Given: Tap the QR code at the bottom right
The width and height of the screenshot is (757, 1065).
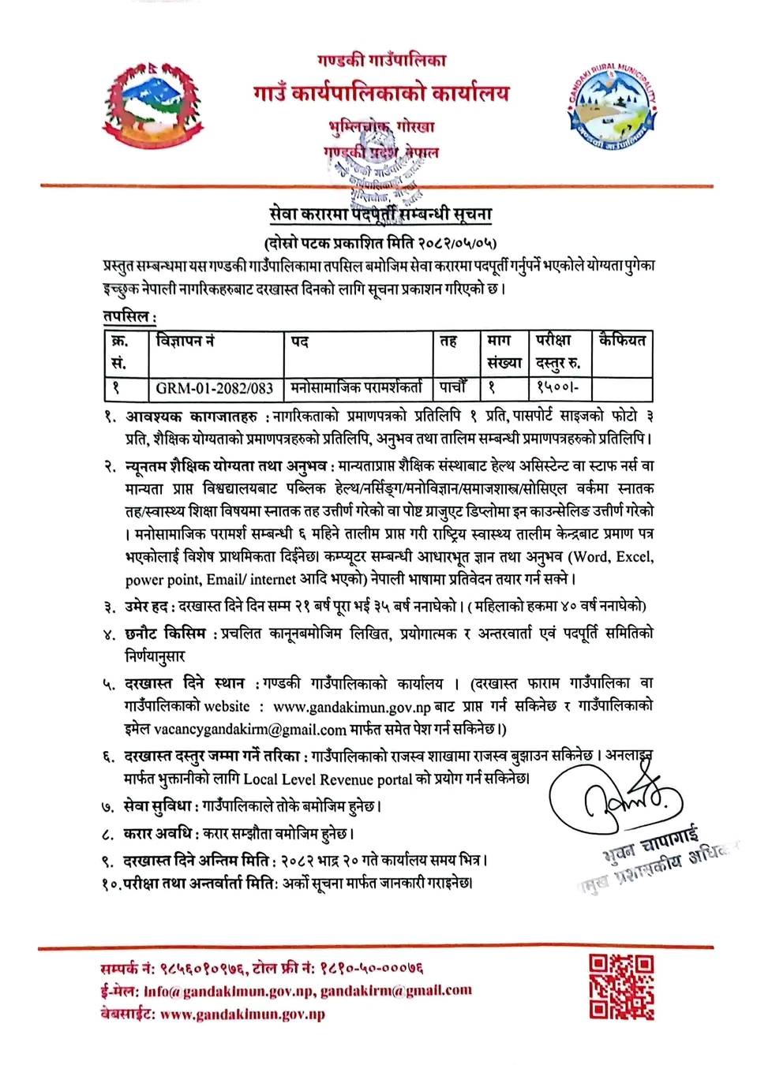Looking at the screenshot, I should click(621, 985).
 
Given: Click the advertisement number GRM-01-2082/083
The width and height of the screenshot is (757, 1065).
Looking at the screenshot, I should click(214, 387).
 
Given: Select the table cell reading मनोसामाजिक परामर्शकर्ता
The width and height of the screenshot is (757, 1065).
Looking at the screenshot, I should click(356, 387).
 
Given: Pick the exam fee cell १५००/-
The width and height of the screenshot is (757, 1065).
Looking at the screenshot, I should click(557, 387).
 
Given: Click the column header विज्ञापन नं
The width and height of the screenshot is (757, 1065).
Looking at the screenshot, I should click(186, 341).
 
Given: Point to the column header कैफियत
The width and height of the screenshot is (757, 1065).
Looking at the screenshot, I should click(622, 341).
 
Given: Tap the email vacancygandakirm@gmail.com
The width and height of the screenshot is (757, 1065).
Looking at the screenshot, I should click(250, 730).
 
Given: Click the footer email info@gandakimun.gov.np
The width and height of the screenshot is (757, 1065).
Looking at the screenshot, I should click(229, 991).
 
